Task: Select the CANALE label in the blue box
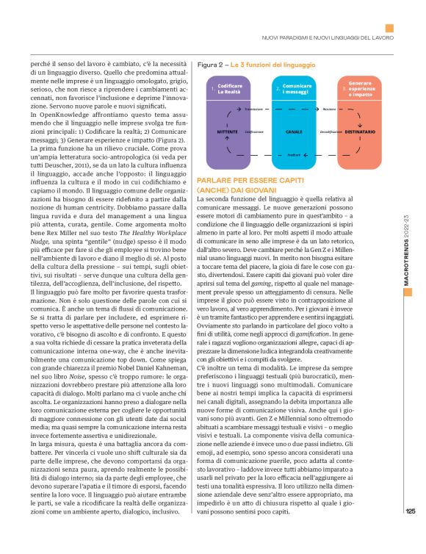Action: point(294,132)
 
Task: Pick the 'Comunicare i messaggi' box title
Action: point(297,89)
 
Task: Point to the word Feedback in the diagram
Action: point(294,155)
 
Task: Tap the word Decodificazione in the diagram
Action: point(332,132)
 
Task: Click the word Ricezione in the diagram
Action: point(329,109)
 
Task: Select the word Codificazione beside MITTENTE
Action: point(254,132)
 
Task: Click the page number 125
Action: point(410,533)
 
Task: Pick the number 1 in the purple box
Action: point(212,89)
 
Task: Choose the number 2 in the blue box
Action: point(278,89)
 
